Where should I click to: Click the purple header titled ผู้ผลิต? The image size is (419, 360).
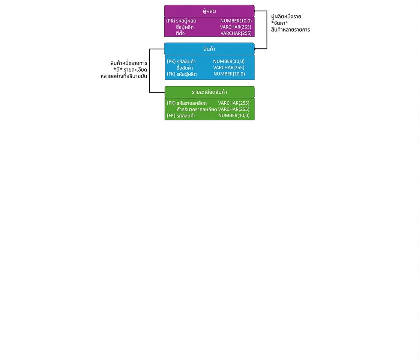pos(209,11)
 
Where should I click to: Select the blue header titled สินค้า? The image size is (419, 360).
pos(209,49)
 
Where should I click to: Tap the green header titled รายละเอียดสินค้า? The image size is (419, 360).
pos(209,92)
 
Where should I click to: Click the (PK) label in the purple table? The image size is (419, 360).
pos(170,21)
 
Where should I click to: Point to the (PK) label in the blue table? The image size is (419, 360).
pos(171,61)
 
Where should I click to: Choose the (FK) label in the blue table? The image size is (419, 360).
pos(171,74)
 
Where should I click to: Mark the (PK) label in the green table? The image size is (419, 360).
pos(171,103)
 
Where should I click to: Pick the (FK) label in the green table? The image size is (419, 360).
pos(171,115)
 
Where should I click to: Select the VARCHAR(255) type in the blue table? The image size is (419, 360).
pos(229,67)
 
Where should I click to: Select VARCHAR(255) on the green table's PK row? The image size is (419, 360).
pos(234,103)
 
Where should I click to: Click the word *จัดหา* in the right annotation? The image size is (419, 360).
pos(279,23)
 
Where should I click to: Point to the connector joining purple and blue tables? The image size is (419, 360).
pos(267,30)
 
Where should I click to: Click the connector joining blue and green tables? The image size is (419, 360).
pos(149,70)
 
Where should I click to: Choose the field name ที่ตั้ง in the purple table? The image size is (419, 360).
pos(180,33)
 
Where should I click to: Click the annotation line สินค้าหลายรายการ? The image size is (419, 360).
pos(290,30)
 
